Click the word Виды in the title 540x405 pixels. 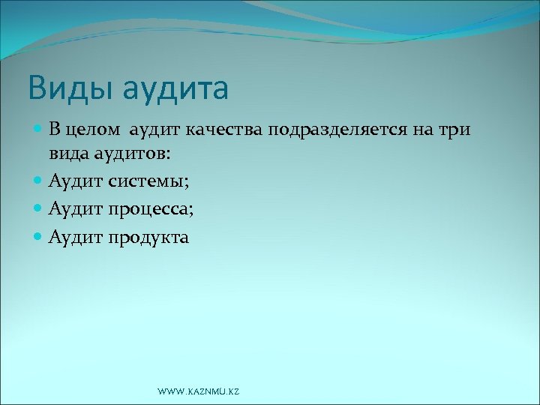(x=61, y=88)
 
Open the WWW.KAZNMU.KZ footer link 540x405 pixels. (x=199, y=392)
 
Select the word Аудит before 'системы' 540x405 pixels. (x=75, y=181)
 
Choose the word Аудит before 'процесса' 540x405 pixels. (x=75, y=210)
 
